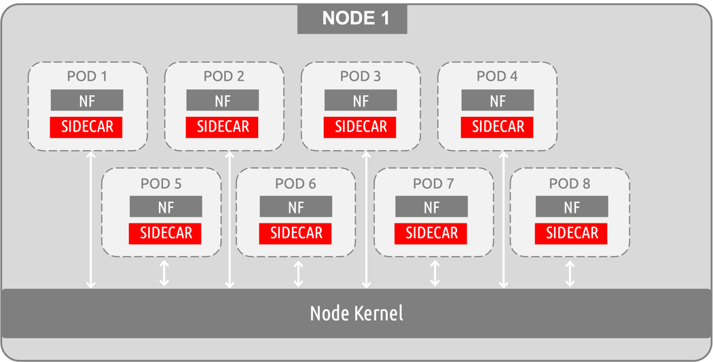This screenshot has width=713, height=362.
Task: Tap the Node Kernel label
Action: (x=356, y=313)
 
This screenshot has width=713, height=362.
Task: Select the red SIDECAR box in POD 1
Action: (x=86, y=127)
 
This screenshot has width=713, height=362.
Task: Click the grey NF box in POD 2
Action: (x=223, y=101)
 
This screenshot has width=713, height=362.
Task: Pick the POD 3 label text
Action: (x=361, y=76)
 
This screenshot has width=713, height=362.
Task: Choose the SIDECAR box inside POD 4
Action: (x=498, y=127)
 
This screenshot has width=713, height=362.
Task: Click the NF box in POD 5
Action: (x=166, y=206)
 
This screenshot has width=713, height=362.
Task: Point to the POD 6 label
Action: (x=295, y=183)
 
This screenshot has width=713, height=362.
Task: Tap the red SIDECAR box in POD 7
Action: (x=431, y=233)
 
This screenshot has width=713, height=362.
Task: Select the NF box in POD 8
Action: (x=571, y=206)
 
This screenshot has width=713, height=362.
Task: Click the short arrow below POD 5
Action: (x=164, y=272)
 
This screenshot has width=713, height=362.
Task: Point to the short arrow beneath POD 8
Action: (x=570, y=272)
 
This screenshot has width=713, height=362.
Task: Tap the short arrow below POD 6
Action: (x=298, y=272)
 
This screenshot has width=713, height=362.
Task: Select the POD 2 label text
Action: (x=223, y=76)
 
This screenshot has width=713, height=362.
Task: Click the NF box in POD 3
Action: (x=361, y=101)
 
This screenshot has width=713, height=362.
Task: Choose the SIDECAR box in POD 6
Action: (x=295, y=233)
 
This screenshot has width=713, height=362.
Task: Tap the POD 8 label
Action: (x=569, y=183)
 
